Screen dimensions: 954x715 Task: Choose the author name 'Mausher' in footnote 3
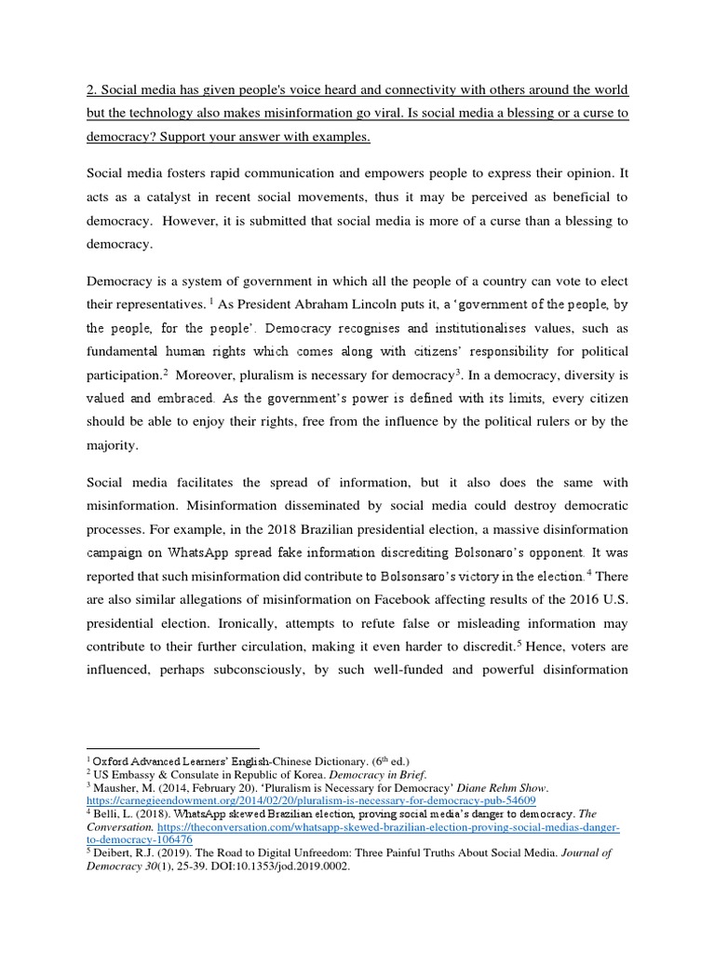(115, 787)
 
